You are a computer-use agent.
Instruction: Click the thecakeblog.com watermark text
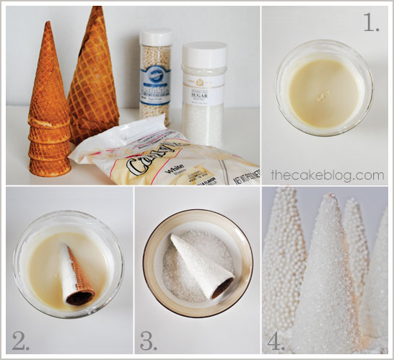(327, 175)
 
